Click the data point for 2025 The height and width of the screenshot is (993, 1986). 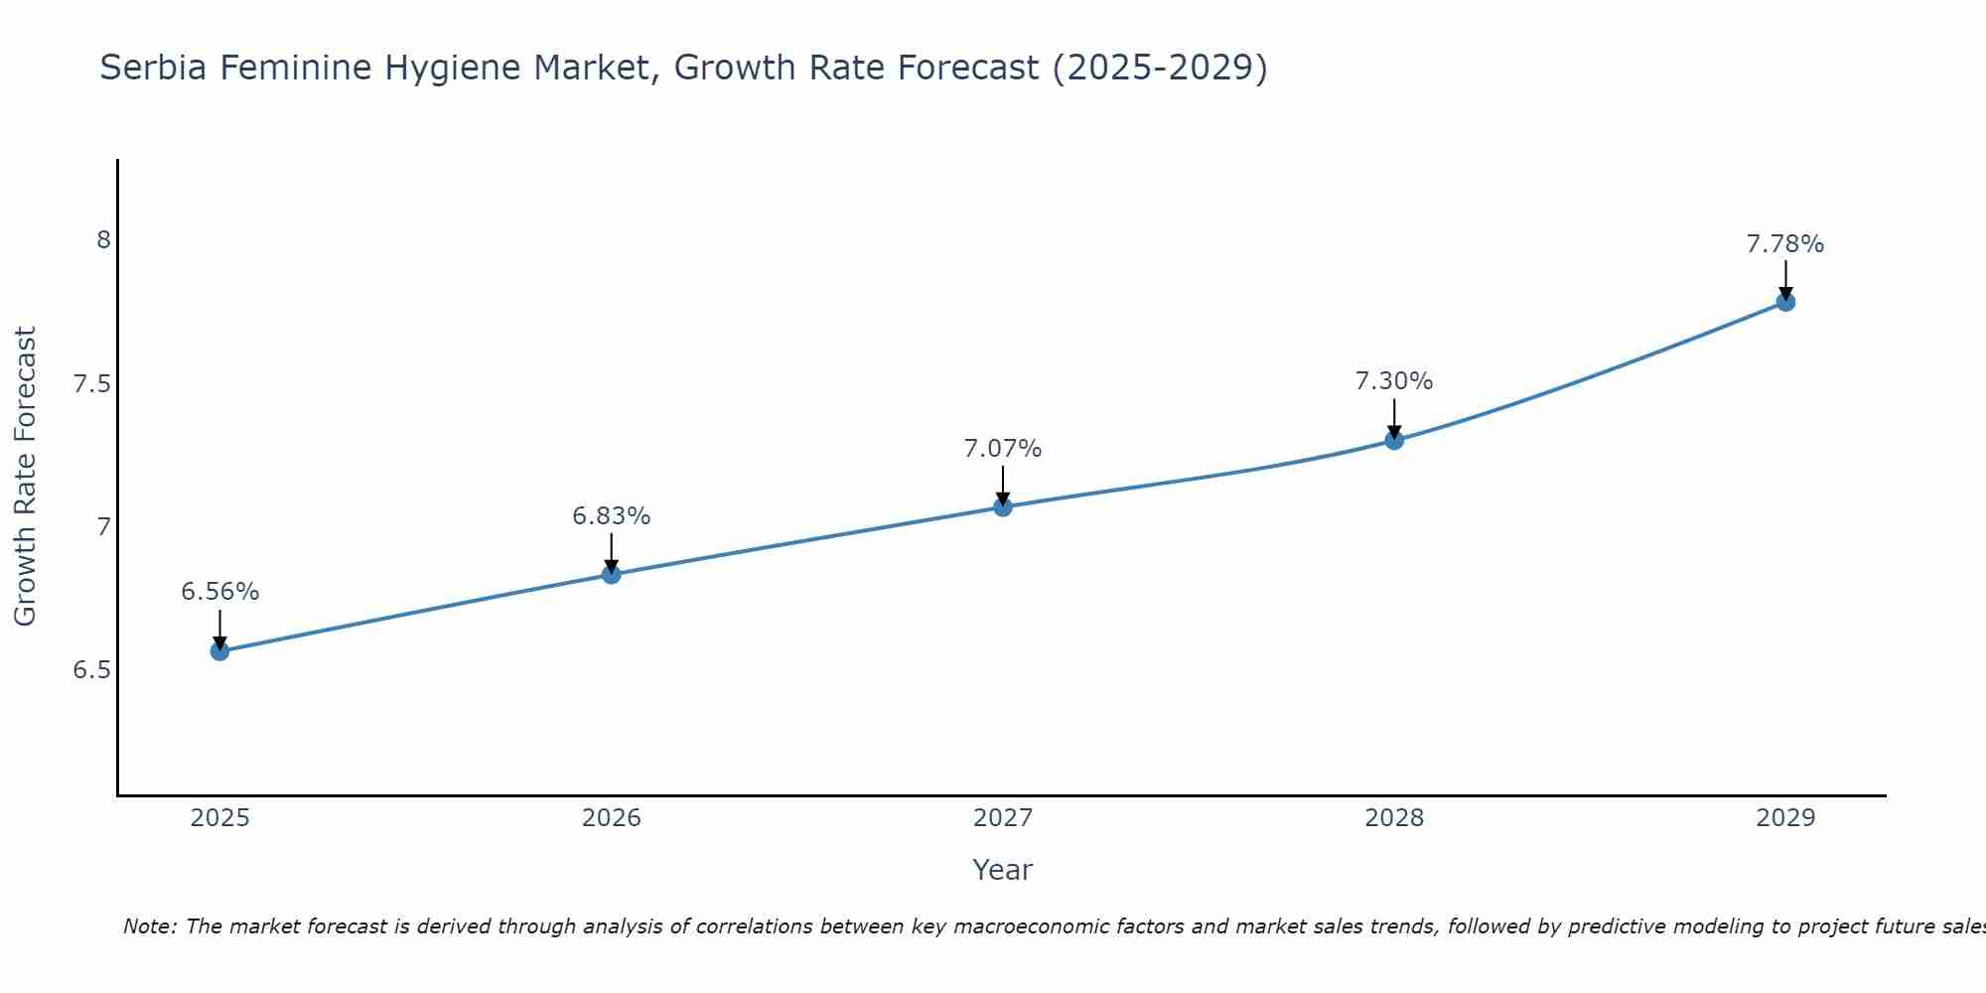click(x=219, y=651)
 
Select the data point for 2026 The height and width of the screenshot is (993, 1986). click(x=611, y=574)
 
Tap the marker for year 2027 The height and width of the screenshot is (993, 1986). click(x=1003, y=506)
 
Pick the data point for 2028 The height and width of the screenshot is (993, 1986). click(x=1394, y=440)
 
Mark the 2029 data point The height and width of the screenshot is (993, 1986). click(x=1785, y=302)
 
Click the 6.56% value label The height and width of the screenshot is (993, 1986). click(x=219, y=592)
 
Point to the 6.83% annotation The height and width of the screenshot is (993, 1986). click(x=611, y=516)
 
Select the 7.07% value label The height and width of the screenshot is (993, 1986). click(x=1003, y=449)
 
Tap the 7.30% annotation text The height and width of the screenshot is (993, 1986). click(x=1394, y=381)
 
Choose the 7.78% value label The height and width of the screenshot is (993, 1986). click(x=1785, y=244)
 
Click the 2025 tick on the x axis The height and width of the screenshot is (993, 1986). click(x=219, y=818)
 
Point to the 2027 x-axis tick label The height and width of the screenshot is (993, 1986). click(x=1003, y=818)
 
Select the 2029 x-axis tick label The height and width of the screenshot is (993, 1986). click(x=1785, y=818)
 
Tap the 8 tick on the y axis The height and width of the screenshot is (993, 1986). click(x=103, y=240)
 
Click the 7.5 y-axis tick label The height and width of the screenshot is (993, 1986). click(x=91, y=384)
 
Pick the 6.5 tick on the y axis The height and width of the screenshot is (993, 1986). click(x=91, y=670)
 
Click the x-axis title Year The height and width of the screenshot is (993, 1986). click(x=1003, y=870)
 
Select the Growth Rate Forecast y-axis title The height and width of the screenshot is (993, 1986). click(x=25, y=477)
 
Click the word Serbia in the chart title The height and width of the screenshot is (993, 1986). click(x=153, y=68)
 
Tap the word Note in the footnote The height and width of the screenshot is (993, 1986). click(x=149, y=926)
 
